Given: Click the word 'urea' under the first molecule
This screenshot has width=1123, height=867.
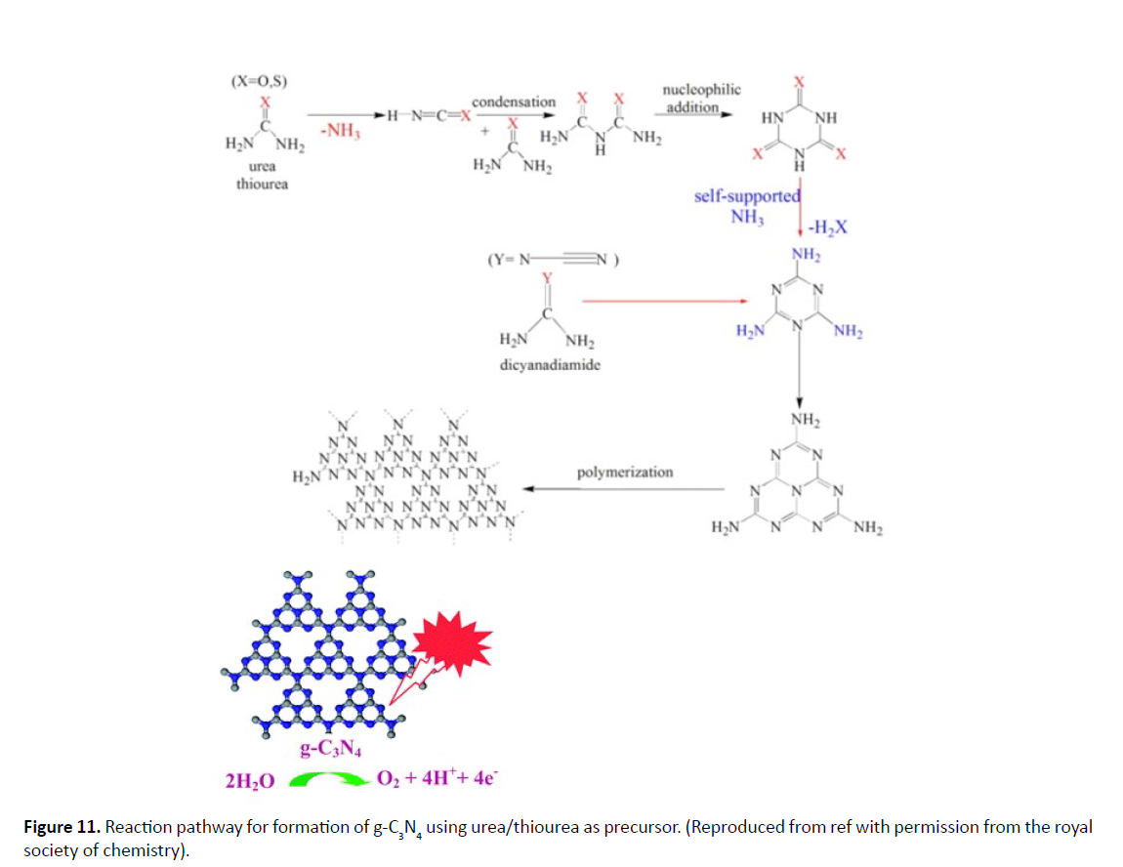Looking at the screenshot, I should [262, 166].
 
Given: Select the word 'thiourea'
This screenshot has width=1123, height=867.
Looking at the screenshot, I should [262, 183].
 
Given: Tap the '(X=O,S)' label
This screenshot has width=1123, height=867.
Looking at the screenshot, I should [258, 82].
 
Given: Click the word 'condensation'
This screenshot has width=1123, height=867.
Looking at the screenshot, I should [514, 102].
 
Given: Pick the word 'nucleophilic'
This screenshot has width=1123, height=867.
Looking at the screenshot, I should [701, 90].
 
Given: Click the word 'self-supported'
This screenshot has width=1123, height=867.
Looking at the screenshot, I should [747, 196].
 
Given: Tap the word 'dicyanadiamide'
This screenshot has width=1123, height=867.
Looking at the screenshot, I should [548, 364].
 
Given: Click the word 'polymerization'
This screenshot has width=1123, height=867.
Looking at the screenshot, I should [625, 472].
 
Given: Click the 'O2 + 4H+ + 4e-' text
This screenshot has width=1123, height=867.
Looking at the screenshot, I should [437, 779].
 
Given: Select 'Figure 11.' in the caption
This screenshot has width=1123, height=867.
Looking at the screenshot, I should [62, 827].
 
